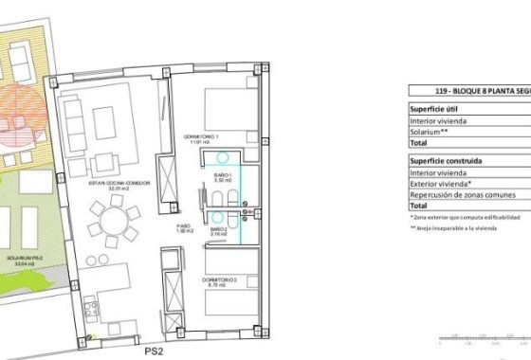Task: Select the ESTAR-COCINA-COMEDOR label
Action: tap(106, 186)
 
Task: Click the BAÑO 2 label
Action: tap(217, 230)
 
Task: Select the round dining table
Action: tap(113, 224)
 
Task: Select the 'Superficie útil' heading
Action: tap(434, 108)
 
